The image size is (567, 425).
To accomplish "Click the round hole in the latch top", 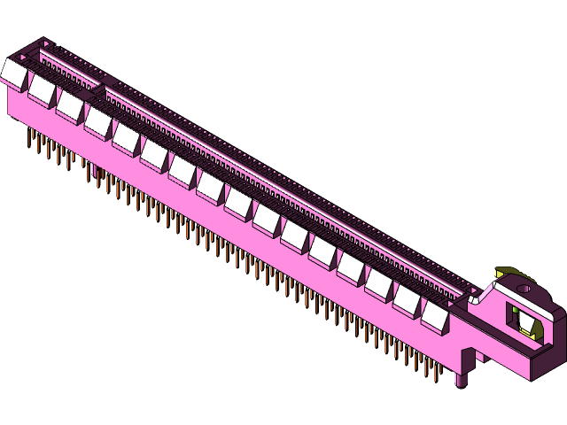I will [524, 287].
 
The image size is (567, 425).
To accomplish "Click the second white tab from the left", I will [43, 87].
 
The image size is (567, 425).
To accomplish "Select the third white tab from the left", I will [70, 103].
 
